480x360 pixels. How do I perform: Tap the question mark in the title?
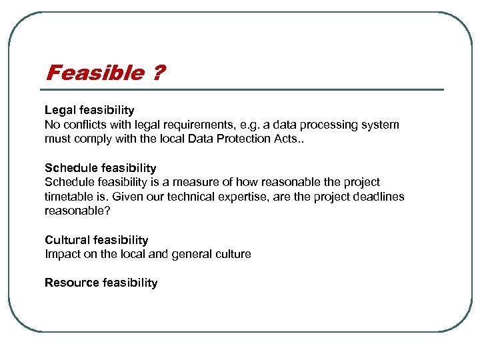pos(157,73)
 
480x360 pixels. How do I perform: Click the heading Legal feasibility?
pos(89,110)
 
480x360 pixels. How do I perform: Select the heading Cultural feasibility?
pos(97,240)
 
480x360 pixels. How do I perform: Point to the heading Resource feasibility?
pos(101,283)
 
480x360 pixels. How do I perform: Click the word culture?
pos(231,254)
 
